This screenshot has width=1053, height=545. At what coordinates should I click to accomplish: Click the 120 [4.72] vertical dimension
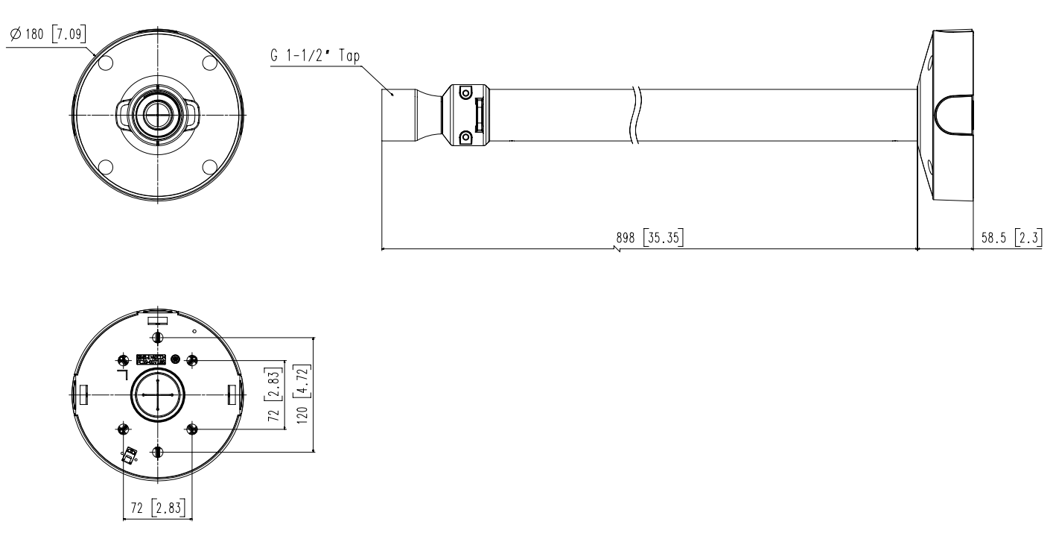click(302, 393)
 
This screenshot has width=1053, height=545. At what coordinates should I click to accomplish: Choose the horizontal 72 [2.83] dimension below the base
click(156, 508)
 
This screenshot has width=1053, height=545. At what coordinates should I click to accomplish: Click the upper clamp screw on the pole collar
click(465, 93)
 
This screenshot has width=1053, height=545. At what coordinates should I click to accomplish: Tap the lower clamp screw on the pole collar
click(465, 137)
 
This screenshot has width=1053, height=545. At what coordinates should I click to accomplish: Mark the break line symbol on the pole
click(634, 116)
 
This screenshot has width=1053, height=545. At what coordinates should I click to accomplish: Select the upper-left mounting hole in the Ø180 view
click(106, 62)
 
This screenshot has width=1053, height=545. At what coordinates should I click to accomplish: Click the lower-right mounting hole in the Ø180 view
click(210, 166)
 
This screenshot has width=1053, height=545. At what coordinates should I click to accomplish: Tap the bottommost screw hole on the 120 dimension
click(158, 451)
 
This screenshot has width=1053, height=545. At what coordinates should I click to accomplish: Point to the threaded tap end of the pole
click(398, 116)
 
